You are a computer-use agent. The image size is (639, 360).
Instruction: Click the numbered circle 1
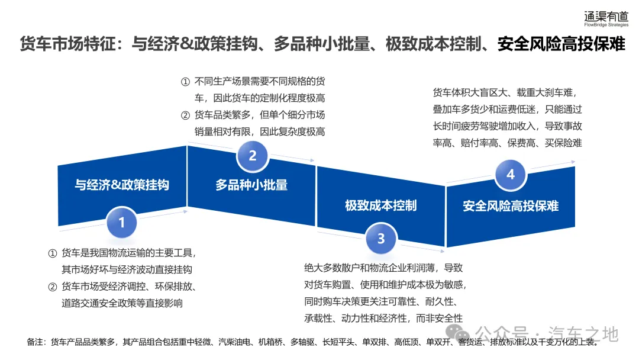(x=122, y=223)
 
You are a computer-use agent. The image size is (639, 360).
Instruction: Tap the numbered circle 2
(x=253, y=156)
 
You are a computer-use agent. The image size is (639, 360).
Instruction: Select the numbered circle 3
(x=381, y=239)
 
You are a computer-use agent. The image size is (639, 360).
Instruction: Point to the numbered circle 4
(x=511, y=175)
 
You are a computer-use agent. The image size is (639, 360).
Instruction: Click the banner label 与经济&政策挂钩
(x=122, y=185)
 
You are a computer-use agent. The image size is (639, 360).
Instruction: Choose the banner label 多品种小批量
(x=251, y=185)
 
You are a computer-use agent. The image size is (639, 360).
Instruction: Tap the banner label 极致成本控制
(x=381, y=205)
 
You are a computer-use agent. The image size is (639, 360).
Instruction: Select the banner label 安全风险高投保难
(x=511, y=206)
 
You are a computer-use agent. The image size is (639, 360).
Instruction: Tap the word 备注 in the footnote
(x=36, y=342)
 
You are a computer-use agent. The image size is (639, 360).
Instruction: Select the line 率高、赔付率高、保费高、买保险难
(x=508, y=143)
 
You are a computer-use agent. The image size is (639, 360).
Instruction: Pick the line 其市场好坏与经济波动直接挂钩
(x=127, y=269)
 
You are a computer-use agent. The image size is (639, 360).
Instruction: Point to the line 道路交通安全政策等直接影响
(x=122, y=303)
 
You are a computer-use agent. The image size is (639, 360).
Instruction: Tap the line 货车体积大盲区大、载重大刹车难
(x=504, y=92)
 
